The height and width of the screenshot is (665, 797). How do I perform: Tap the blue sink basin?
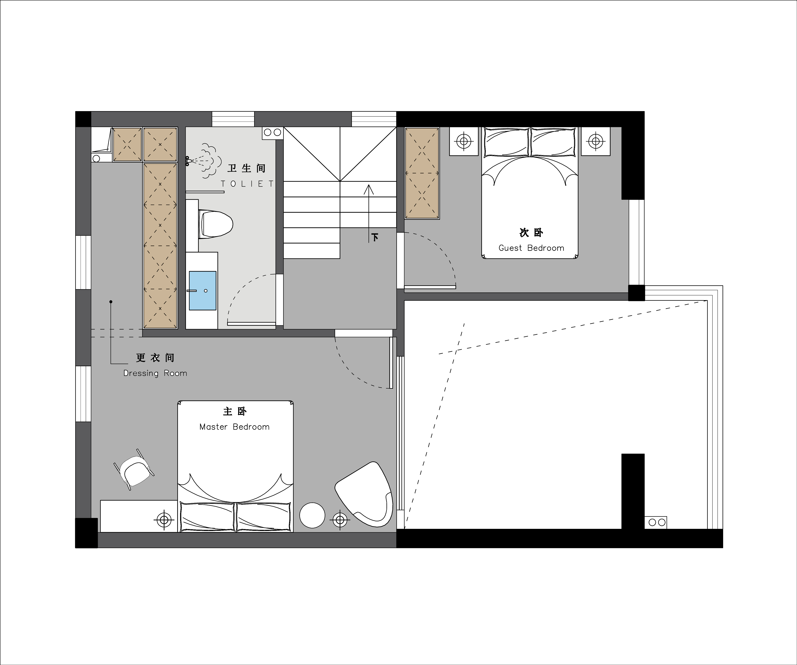[x=203, y=291]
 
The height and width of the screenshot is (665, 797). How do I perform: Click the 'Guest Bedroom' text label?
[x=531, y=248]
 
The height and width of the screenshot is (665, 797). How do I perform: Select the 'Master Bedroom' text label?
[x=235, y=427]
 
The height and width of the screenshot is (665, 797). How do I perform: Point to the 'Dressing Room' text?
[x=155, y=373]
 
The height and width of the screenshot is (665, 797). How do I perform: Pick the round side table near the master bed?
[x=312, y=515]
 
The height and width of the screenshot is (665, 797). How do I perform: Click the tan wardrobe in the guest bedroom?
[x=422, y=173]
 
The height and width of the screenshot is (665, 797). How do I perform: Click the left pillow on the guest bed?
[x=506, y=142]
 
